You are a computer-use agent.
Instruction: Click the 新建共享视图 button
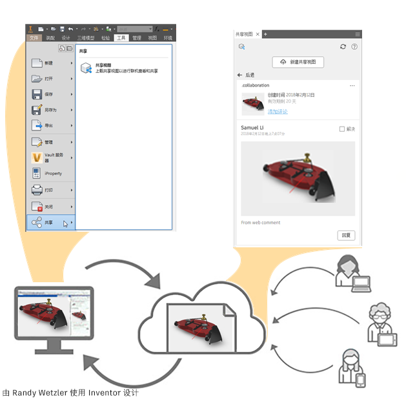[298, 62]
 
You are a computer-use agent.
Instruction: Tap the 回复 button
[346, 235]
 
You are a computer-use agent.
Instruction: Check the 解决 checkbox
[342, 129]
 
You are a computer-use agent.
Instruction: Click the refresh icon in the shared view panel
[343, 46]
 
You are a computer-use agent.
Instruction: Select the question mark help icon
[354, 46]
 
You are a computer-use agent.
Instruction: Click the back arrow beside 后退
[240, 75]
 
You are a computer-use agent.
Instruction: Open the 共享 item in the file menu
[50, 222]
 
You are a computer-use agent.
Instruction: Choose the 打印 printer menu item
[50, 190]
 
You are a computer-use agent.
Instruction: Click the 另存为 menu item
[50, 110]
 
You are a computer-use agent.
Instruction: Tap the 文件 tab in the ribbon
[34, 38]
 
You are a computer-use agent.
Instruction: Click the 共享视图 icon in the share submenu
[85, 68]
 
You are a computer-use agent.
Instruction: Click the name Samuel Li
[252, 128]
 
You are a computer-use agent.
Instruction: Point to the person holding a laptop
[350, 271]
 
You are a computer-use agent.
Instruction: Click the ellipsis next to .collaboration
[352, 86]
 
